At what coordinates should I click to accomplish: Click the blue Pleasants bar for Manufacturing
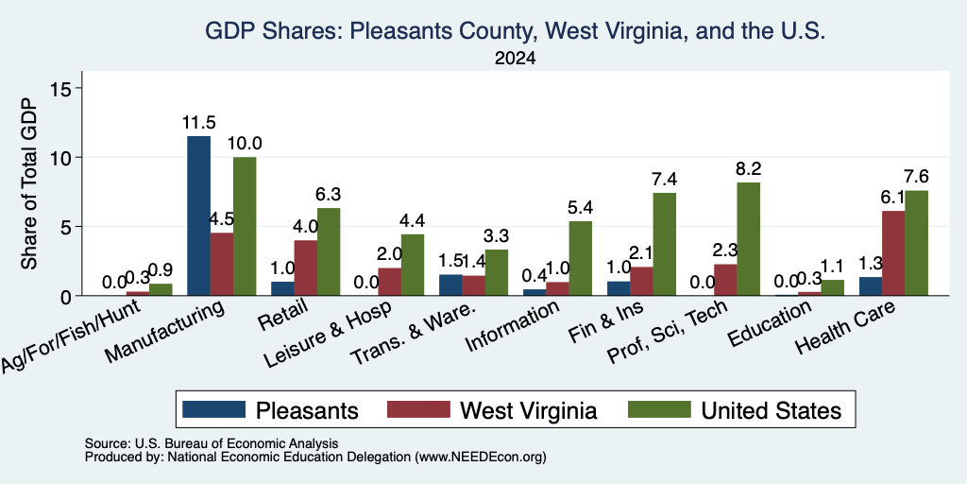(198, 216)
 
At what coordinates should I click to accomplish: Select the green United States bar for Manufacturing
(245, 226)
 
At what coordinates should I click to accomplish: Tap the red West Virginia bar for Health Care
(893, 253)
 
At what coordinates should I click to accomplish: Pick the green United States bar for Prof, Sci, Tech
(749, 239)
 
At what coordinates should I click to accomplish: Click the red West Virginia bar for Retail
(305, 268)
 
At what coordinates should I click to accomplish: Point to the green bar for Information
(581, 258)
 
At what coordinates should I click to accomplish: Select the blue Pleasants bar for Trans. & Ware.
(450, 285)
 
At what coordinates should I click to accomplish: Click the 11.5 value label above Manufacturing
(198, 122)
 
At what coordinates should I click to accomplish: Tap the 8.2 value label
(749, 168)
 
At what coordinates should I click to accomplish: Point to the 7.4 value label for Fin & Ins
(664, 179)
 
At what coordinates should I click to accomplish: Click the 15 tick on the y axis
(64, 88)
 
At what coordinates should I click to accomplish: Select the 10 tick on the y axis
(64, 158)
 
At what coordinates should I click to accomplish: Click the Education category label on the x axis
(769, 324)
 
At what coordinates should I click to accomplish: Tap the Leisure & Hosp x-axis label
(328, 336)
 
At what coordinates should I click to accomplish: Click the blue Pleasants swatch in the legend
(214, 409)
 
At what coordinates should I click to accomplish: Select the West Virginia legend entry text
(529, 410)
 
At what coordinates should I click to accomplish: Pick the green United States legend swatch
(659, 409)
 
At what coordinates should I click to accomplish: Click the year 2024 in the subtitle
(515, 59)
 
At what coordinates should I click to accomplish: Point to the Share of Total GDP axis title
(29, 183)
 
